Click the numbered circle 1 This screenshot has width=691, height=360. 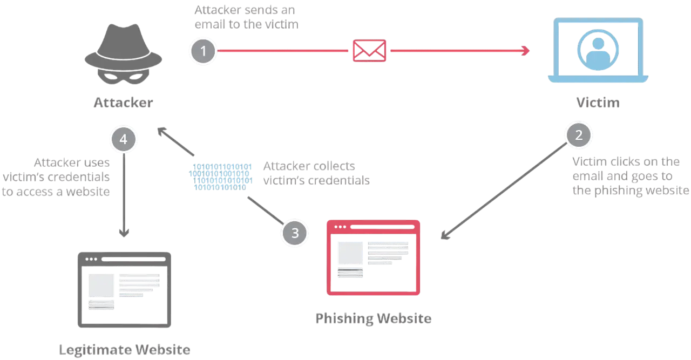[x=203, y=52]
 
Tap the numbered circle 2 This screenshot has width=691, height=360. [x=579, y=135]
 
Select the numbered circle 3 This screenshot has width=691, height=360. [x=295, y=233]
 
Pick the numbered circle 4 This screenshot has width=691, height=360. [x=123, y=139]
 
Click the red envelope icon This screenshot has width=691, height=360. [x=370, y=51]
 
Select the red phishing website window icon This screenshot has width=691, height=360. [x=374, y=258]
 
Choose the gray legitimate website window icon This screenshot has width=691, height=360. [x=123, y=289]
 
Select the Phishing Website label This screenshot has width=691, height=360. [x=374, y=318]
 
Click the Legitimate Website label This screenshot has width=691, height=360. [x=124, y=350]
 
